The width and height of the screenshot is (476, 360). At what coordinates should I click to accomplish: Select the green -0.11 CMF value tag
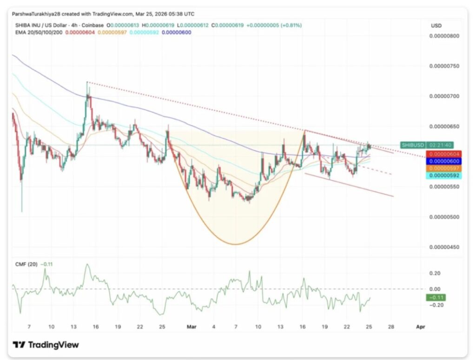point(436,297)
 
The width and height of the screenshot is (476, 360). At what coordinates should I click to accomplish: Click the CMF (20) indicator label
point(25,264)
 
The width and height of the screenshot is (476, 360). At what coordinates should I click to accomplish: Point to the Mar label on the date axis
point(191,327)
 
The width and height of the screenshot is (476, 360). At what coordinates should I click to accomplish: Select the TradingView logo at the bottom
point(46,345)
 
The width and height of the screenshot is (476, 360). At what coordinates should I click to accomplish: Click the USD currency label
point(436,26)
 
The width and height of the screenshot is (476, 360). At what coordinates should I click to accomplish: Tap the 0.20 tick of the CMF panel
point(435,273)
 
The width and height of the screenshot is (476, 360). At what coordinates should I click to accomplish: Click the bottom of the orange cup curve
point(236,244)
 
